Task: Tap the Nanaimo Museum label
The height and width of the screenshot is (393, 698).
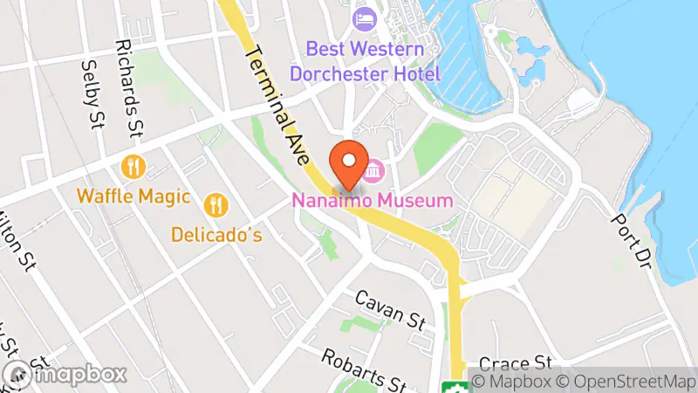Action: (x=372, y=201)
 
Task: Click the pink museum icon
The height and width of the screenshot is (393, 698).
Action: (x=375, y=171)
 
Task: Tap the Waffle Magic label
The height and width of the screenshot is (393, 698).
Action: (x=133, y=196)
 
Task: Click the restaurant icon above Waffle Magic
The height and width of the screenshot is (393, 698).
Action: (x=133, y=166)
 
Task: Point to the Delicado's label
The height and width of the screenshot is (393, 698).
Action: (x=216, y=235)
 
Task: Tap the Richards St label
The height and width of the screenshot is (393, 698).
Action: (x=128, y=87)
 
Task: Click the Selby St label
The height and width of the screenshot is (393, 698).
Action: (x=91, y=95)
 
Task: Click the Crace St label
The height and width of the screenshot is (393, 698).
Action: (x=521, y=362)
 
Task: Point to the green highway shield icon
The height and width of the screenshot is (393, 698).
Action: (x=453, y=387)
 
